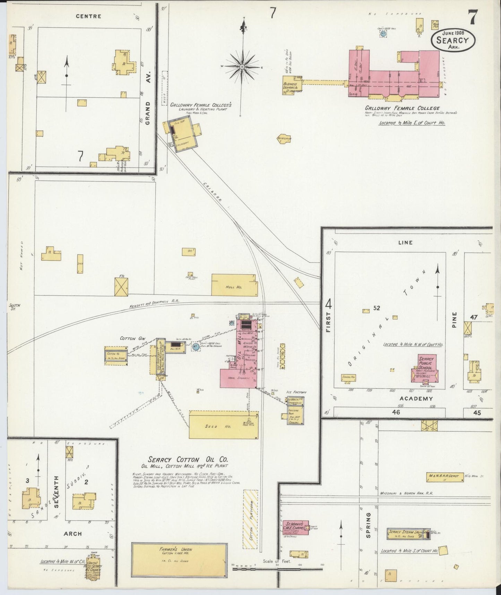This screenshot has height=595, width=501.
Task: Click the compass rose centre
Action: (242, 66)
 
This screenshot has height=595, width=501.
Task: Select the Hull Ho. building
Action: (235, 285)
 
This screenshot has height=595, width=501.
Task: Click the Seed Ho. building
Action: (224, 425)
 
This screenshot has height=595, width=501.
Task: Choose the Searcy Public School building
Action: (425, 368)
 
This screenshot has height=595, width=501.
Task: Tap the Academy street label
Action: (416, 399)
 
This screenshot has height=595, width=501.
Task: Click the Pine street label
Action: (455, 319)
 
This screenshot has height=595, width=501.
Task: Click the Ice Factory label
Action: (296, 392)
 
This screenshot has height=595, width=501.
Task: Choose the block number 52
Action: (377, 308)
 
